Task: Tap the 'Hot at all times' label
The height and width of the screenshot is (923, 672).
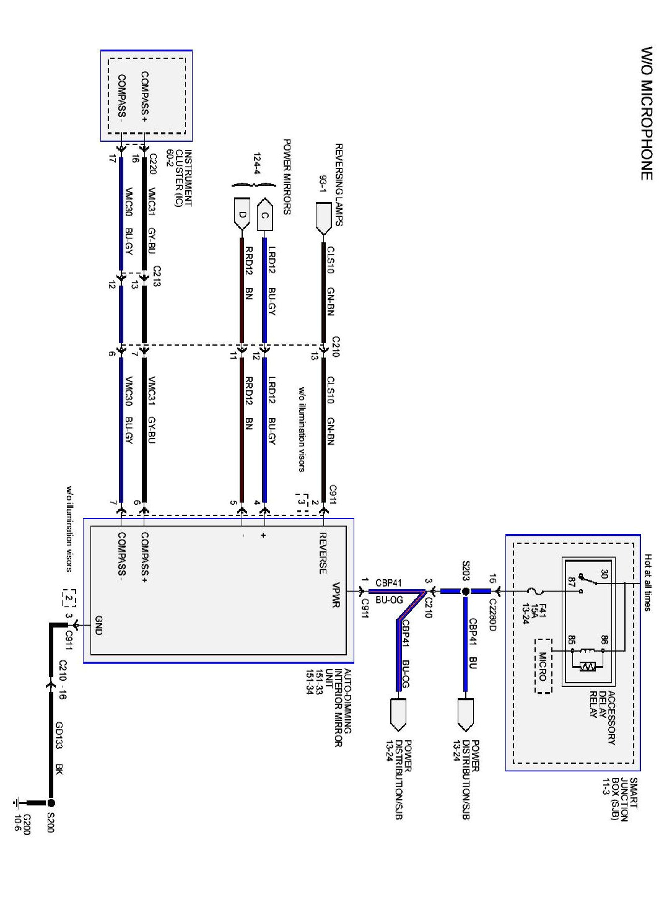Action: [x=648, y=582]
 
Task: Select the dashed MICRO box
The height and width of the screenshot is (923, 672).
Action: [x=543, y=666]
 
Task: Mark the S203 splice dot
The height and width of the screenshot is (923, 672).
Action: [x=466, y=591]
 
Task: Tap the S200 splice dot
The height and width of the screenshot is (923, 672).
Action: [x=51, y=802]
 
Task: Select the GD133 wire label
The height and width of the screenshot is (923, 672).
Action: [x=59, y=735]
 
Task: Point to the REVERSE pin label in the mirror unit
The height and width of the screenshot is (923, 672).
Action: [x=323, y=553]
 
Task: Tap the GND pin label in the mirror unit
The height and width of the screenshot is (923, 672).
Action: [x=98, y=626]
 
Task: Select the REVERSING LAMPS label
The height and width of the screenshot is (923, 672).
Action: [x=339, y=185]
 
